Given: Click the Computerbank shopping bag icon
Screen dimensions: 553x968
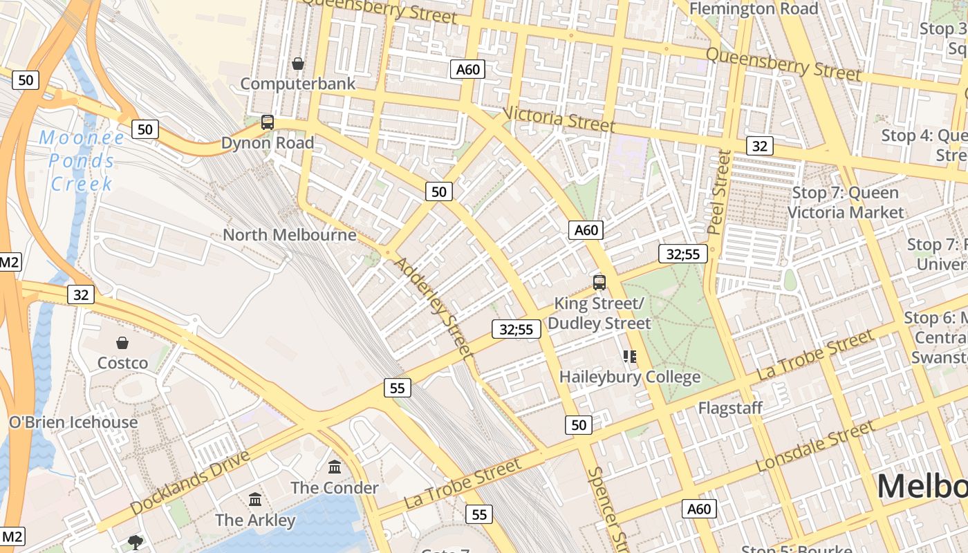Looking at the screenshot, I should [298, 64].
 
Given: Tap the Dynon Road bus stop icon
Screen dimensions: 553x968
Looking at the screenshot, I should [268, 122].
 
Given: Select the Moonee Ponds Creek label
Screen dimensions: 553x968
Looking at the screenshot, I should [82, 160].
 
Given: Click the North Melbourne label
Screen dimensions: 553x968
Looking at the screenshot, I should [289, 235].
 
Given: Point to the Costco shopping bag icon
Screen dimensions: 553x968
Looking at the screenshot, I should [122, 343].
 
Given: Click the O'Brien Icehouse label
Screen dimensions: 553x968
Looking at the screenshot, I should [73, 422].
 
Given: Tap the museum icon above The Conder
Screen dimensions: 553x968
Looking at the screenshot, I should [335, 467].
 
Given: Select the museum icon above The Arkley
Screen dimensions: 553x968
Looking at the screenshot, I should [255, 499].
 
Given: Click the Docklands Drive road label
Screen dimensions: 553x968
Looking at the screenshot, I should [189, 482].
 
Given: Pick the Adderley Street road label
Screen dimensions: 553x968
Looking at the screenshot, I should [434, 308].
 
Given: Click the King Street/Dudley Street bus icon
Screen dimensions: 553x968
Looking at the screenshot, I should [599, 282].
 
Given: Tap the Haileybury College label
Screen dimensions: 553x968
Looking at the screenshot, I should [629, 377].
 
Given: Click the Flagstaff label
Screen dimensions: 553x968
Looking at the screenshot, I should [730, 408].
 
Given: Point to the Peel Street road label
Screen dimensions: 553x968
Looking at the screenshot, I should [719, 191].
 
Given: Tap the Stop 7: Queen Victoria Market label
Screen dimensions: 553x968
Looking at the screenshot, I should [845, 203].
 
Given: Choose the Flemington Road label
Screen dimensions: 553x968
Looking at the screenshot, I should [754, 9].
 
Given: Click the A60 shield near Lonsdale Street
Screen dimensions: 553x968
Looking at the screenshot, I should [699, 509].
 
